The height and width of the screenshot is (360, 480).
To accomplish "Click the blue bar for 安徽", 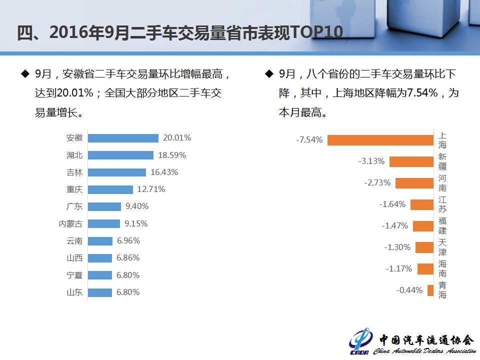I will [123, 138].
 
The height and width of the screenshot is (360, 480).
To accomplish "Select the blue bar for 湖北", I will [120, 155].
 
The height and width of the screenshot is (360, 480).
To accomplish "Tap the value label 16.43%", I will [164, 172].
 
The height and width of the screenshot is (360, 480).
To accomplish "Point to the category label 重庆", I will [74, 189].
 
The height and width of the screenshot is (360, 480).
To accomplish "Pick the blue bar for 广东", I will [104, 206].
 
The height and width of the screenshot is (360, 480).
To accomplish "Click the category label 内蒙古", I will [70, 223].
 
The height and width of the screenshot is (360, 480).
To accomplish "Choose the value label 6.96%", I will [128, 240].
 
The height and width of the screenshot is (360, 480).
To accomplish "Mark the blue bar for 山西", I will [100, 258].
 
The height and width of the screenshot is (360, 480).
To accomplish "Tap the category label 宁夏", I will [74, 275].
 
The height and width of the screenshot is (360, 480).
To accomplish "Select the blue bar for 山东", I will [100, 292].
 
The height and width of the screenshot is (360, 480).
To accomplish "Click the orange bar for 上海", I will [380, 140].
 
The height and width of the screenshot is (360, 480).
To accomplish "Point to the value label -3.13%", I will [371, 161].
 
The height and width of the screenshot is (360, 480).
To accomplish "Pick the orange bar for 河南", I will [414, 183].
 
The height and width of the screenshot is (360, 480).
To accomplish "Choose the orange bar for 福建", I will [423, 226].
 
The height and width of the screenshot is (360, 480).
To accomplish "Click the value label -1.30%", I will [397, 247].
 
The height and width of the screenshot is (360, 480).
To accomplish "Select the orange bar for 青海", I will [430, 290].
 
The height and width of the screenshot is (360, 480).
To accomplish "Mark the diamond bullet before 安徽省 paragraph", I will [24, 74].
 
